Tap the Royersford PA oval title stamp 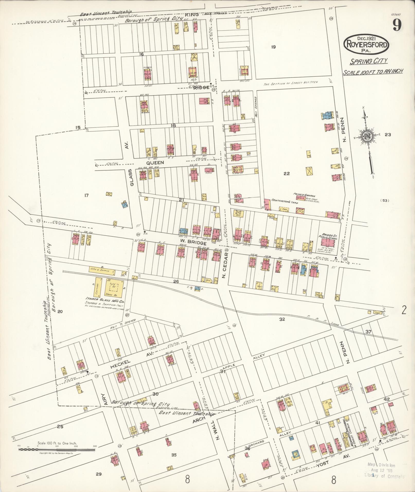[x=366, y=45]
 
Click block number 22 [x=287, y=174]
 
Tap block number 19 [x=273, y=47]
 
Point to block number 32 [x=282, y=319]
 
